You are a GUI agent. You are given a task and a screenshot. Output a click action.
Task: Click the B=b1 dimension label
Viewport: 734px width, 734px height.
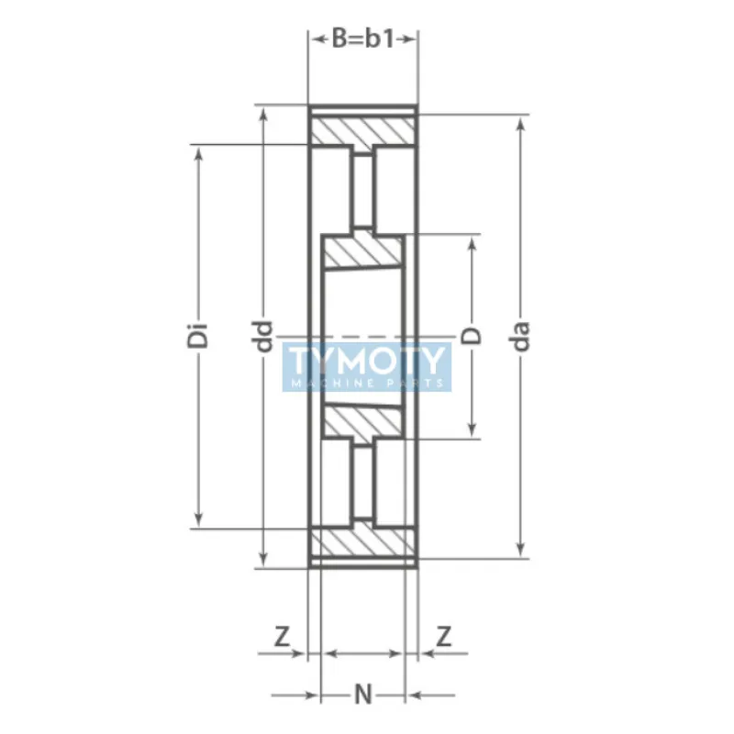362,39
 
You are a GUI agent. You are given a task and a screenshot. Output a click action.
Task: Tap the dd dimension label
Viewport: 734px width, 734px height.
264,336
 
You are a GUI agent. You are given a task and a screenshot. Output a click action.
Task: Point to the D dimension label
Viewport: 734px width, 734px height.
473,336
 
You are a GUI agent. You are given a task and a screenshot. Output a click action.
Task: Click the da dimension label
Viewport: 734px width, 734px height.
522,336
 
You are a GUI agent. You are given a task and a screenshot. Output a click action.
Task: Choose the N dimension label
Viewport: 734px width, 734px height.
363,695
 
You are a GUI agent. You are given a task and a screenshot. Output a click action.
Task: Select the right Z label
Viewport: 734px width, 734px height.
444,635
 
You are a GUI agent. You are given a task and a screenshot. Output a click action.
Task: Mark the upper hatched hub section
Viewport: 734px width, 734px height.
363,253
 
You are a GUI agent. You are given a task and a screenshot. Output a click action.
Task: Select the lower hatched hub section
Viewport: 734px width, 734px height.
363,421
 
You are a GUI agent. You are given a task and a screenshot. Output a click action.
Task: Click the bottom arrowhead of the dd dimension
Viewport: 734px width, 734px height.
264,559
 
